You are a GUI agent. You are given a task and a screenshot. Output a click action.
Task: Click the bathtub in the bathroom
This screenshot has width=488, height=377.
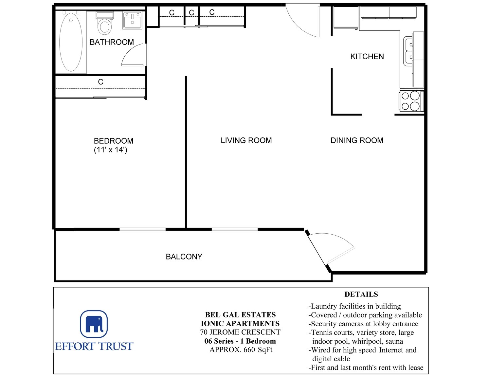[71, 42]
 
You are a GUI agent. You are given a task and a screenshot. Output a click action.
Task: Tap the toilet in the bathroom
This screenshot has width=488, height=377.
[105, 23]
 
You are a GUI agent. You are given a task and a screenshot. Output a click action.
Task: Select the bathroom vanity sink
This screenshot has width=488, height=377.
[132, 20]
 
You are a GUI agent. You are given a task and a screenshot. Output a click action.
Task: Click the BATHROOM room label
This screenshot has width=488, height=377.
[112, 42]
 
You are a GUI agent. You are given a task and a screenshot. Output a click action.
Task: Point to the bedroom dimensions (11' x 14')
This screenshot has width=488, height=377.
[111, 150]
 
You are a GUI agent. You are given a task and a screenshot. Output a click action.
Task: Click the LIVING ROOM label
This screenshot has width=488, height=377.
[246, 140]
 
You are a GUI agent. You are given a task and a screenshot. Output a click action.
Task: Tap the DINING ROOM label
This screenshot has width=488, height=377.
[357, 140]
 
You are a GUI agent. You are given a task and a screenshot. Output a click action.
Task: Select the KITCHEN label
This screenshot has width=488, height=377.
[367, 56]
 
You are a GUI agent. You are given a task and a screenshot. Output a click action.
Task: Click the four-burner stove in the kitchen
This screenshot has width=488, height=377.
[411, 101]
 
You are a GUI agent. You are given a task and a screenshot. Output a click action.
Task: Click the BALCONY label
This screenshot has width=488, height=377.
[184, 257]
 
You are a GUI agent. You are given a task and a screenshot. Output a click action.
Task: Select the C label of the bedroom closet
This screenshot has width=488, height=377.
[100, 82]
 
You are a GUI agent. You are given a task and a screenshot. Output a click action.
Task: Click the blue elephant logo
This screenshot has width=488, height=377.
[94, 324]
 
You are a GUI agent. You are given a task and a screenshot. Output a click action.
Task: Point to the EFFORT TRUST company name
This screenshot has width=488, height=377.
[94, 346]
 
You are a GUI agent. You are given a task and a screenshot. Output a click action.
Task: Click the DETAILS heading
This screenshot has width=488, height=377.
[361, 294]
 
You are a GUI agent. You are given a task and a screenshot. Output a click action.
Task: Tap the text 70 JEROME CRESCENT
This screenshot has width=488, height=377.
[240, 332]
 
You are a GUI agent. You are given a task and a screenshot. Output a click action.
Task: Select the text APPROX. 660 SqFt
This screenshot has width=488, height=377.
[241, 350]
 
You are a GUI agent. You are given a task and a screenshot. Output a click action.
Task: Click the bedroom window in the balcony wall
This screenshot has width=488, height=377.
[143, 229]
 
